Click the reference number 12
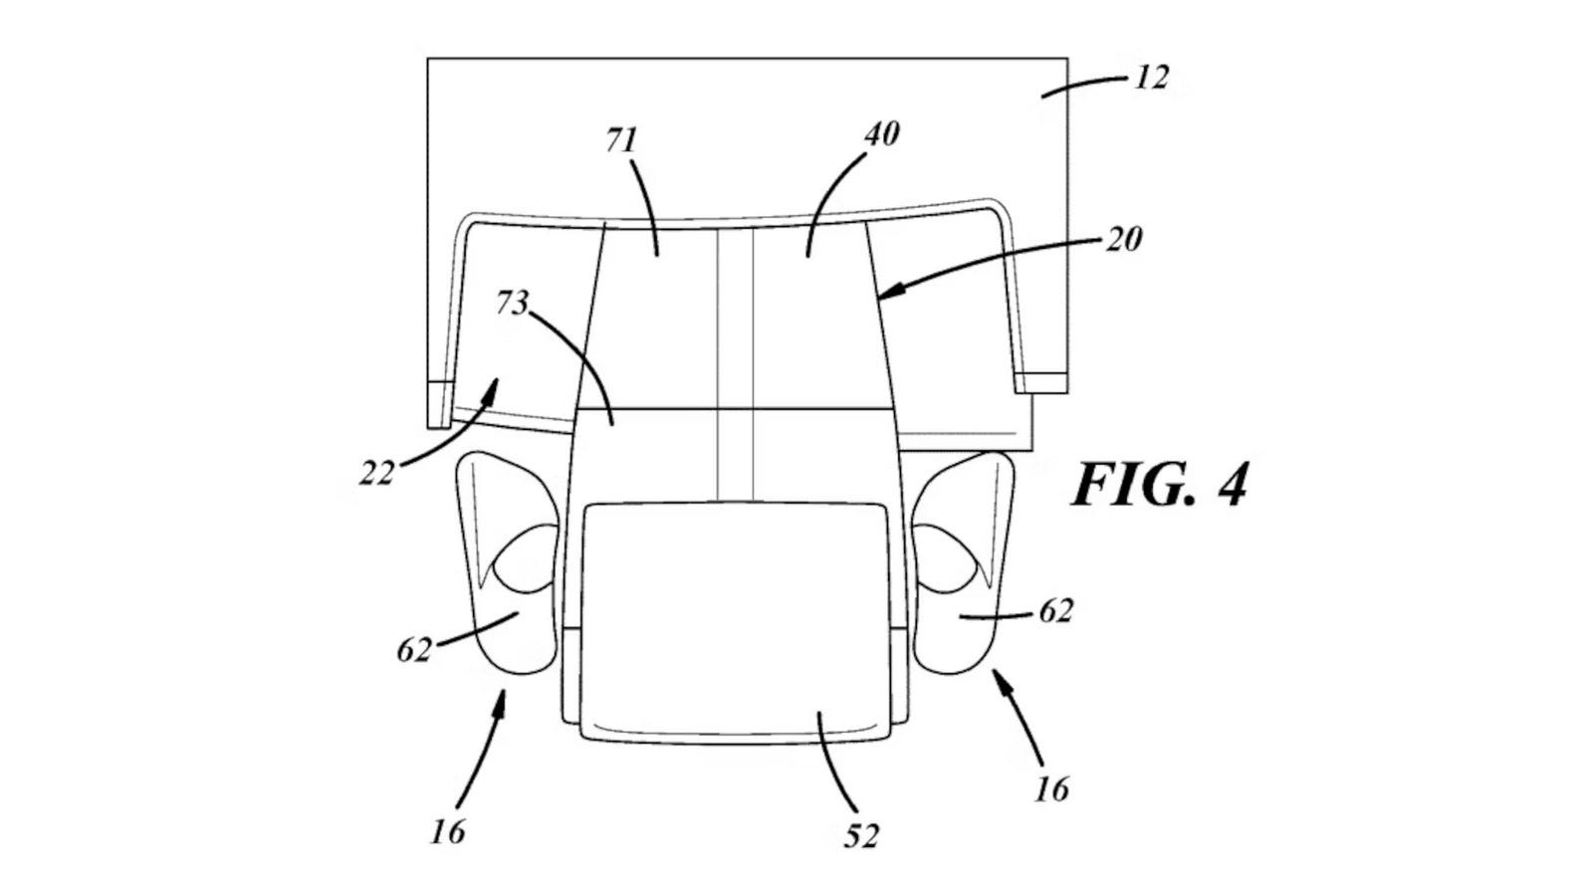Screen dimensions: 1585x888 pos(1151,78)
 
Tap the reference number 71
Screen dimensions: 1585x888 pos(621,140)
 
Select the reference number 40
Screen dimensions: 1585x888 pos(882,133)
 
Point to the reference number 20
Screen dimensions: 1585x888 pos(1124,240)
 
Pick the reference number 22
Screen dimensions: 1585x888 pos(375,473)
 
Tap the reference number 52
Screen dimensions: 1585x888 pos(861,835)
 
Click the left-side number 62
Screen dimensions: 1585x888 pos(414,649)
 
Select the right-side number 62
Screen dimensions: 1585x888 pos(1055,610)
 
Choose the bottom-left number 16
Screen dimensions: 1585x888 pos(448,831)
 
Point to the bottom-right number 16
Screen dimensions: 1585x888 pos(1051,788)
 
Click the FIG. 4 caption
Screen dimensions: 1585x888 pos(1160,485)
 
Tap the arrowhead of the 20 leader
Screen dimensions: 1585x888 pos(893,291)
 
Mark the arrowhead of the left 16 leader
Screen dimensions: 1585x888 pos(503,702)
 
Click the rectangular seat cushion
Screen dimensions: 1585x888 pos(734,622)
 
